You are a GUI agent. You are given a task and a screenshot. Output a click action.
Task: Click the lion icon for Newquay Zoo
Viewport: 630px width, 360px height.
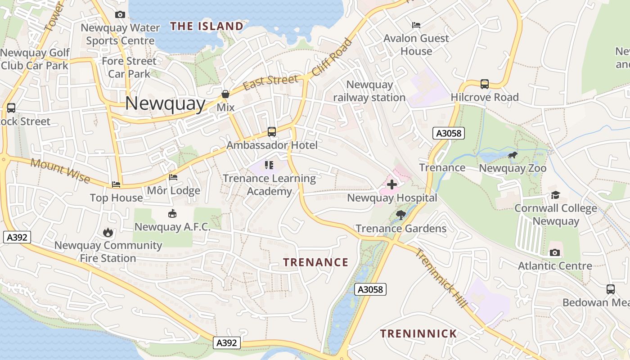click(512, 156)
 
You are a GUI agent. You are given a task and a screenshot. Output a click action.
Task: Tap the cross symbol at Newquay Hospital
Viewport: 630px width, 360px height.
click(392, 184)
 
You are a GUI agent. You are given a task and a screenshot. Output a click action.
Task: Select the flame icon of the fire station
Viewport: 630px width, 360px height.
click(108, 232)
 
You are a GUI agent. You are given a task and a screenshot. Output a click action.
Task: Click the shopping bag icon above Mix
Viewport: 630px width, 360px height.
click(225, 94)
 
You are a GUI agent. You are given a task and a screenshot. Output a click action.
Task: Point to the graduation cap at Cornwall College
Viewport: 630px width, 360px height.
click(555, 195)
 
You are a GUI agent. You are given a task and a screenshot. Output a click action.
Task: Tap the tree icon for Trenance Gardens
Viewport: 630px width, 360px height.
click(400, 215)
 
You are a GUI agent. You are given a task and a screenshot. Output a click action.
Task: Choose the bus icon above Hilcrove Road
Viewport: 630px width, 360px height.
click(485, 84)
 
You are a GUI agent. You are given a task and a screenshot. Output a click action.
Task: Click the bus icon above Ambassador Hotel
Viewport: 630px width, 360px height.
click(272, 132)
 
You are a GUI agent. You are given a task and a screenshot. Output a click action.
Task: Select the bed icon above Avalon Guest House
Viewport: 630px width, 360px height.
click(416, 25)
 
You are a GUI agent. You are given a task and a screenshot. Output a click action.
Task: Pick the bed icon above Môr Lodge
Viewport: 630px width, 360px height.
click(173, 177)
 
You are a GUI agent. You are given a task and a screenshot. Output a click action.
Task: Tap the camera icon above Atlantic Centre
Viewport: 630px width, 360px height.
click(555, 252)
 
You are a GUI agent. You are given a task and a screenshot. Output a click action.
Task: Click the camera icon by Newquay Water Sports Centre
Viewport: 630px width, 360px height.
click(120, 15)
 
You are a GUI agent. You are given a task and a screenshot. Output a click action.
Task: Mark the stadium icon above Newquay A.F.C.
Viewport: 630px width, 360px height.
click(172, 214)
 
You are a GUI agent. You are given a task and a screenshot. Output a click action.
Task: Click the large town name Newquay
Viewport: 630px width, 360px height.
click(165, 103)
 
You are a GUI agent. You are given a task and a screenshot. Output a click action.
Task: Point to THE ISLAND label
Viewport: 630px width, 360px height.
click(207, 26)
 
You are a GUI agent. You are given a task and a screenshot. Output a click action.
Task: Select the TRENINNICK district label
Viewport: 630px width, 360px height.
click(418, 333)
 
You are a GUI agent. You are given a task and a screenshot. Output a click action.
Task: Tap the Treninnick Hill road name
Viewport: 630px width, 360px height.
click(441, 279)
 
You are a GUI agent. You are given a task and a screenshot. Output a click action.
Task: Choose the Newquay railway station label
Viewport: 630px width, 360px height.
click(369, 91)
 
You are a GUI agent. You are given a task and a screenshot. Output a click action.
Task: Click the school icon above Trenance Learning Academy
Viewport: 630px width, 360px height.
click(269, 165)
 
